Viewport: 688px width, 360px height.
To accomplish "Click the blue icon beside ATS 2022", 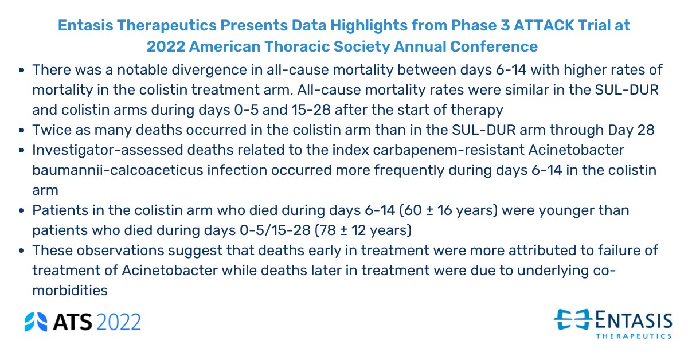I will [36, 322].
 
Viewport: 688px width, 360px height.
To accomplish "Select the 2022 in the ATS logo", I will [119, 322].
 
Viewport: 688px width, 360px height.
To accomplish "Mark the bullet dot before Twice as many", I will [21, 130].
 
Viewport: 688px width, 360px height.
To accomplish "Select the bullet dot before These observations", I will [21, 251].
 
